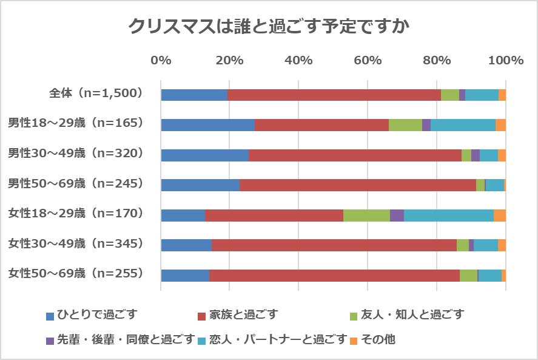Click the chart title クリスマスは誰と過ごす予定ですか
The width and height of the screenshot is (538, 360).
click(269, 26)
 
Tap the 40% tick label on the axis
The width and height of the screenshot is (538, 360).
click(298, 60)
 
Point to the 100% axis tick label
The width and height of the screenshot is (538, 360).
click(505, 60)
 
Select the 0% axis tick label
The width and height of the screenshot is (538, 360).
click(161, 60)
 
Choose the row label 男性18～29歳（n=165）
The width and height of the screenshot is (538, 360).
click(76, 123)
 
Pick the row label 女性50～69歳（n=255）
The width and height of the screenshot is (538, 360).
click(76, 274)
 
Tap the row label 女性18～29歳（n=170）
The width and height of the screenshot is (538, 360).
click(76, 214)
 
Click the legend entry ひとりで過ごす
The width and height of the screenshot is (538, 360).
click(97, 314)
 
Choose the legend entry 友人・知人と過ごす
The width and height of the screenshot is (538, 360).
click(412, 314)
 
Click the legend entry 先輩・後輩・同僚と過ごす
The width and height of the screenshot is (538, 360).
click(125, 339)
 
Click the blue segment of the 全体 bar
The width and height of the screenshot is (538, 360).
click(194, 95)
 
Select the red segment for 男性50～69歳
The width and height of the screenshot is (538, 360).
click(358, 185)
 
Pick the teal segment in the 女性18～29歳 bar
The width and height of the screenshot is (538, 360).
click(448, 216)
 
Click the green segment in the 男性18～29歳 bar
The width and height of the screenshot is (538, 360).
click(405, 125)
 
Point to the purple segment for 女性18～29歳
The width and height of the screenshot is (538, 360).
click(397, 216)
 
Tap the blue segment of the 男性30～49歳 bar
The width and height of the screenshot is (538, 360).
click(204, 155)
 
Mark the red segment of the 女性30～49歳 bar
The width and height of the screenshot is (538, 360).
click(334, 245)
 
